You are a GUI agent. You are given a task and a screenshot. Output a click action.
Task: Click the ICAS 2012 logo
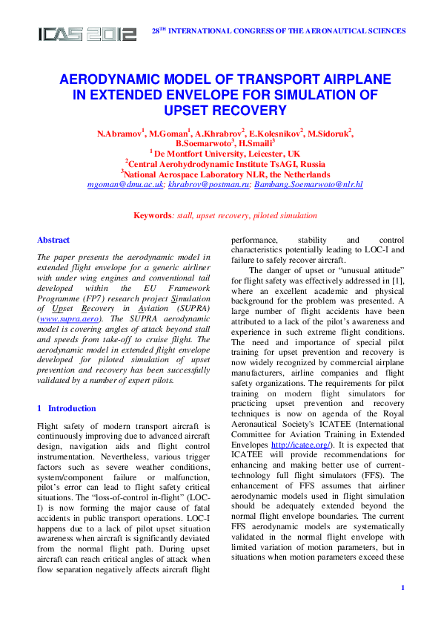point(87,33)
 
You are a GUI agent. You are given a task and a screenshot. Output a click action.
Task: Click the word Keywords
point(152,215)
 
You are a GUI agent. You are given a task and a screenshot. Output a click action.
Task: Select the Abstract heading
point(53,240)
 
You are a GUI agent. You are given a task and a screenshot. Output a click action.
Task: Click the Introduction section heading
point(72,408)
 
